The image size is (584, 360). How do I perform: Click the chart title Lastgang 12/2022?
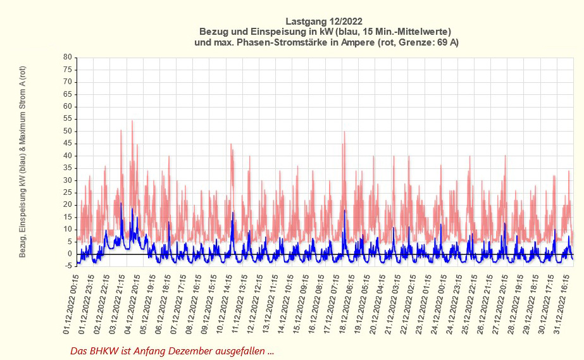pyautogui.click(x=325, y=20)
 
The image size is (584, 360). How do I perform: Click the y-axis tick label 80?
pyautogui.click(x=67, y=58)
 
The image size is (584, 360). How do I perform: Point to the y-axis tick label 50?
pyautogui.click(x=67, y=131)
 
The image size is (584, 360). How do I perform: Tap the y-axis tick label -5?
pyautogui.click(x=68, y=266)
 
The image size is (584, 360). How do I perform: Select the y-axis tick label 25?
pyautogui.click(x=67, y=192)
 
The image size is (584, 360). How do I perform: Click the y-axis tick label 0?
pyautogui.click(x=70, y=254)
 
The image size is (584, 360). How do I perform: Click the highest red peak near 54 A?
pyautogui.click(x=132, y=121)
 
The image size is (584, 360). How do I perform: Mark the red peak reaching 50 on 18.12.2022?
pyautogui.click(x=344, y=132)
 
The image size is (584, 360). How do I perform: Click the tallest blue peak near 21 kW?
pyautogui.click(x=121, y=204)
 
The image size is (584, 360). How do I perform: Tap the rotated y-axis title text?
pyautogui.click(x=22, y=161)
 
